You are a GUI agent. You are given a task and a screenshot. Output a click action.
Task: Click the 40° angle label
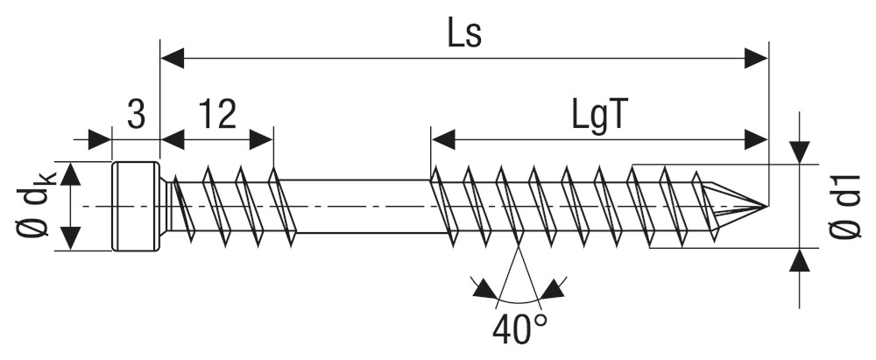[521, 331]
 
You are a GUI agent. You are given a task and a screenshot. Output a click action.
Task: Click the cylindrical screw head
[136, 207]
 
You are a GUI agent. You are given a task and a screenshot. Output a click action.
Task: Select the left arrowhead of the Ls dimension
[172, 58]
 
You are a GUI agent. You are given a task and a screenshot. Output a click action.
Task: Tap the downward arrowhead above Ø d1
[799, 152]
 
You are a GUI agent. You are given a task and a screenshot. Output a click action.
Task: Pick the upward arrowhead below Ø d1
[799, 260]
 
